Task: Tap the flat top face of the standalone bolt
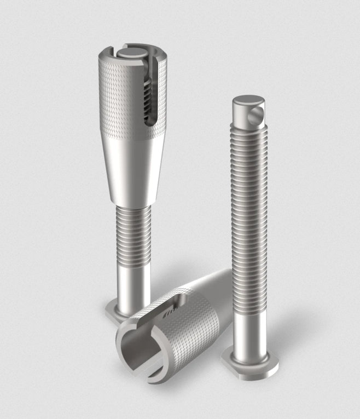coord(247,102)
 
